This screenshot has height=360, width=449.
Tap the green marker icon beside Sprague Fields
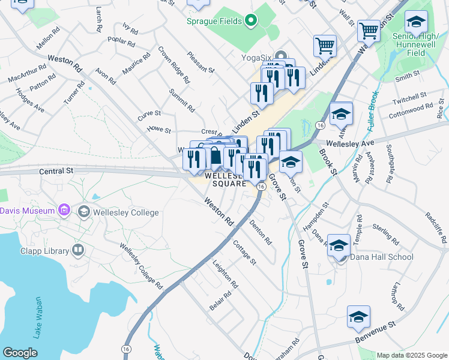tap(252, 22)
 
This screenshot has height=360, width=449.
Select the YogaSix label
tap(258, 58)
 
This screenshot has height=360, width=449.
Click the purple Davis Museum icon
tap(64, 211)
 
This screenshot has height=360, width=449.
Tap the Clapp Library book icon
tap(77, 250)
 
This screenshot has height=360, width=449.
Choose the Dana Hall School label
tap(381, 257)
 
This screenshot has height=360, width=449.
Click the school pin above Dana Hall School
tap(339, 246)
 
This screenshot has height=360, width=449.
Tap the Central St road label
tap(56, 171)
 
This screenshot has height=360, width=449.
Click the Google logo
tap(20, 353)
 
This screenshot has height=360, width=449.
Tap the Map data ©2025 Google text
tap(412, 355)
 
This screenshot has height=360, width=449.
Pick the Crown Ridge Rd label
tap(174, 65)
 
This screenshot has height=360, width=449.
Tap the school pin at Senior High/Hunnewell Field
tap(416, 23)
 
